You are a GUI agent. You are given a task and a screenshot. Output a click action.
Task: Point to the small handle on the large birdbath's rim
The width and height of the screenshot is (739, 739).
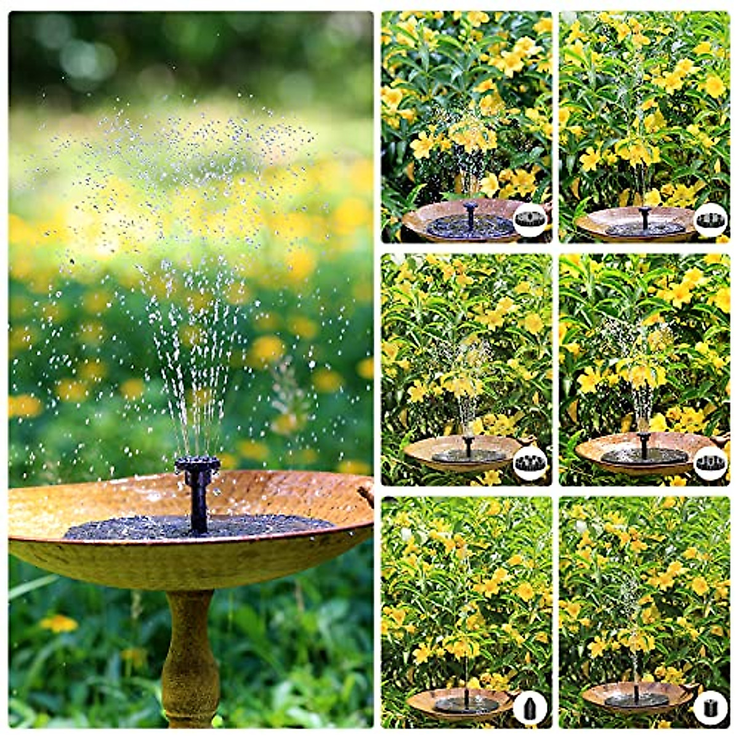(x=367, y=493)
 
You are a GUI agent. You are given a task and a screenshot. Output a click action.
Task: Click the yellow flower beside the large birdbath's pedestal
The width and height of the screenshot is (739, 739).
(x=59, y=623)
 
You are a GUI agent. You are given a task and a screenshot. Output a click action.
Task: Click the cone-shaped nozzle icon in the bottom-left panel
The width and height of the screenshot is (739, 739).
(x=530, y=706)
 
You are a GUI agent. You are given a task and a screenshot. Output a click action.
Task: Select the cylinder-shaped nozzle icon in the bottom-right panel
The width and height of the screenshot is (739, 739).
(x=711, y=706)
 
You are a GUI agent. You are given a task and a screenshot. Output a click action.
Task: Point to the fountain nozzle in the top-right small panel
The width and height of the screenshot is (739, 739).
(x=645, y=213)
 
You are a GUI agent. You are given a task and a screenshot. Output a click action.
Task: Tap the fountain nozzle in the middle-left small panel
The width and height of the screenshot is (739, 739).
(x=468, y=441)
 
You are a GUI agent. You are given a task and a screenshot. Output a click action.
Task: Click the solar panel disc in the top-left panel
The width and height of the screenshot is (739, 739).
(x=470, y=227)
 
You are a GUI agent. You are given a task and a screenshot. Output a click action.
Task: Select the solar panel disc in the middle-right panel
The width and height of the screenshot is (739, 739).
(x=644, y=456)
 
